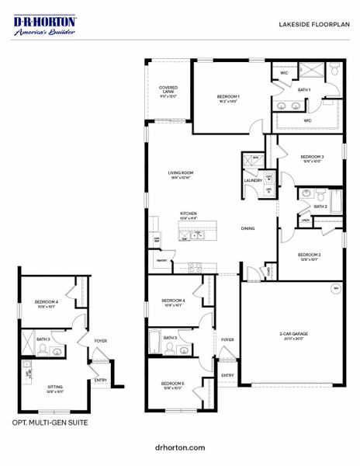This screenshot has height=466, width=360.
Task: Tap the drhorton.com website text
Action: pos(180,447)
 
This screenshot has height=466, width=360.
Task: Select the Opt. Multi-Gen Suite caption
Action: pos(50,423)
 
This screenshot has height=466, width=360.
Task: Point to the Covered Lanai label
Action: pos(168,92)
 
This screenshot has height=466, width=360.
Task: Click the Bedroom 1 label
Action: pos(228,98)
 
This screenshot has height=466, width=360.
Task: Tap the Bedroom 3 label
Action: pos(312,158)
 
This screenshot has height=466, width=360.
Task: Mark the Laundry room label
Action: pos(253,181)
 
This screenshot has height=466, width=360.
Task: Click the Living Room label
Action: pos(181,175)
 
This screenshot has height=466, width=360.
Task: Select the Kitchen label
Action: pos(189,214)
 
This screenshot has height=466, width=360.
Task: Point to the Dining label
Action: pos(247,228)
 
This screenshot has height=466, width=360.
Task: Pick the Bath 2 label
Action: pos(320,206)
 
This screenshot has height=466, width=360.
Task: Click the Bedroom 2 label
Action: pos(310,256)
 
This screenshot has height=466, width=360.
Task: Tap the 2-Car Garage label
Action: pos(294,335)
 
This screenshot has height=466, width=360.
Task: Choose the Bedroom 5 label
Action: pos(172,384)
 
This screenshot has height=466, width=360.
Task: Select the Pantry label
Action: pos(161,261)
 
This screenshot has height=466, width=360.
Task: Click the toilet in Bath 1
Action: pos(334,71)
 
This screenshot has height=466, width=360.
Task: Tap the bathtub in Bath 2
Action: pos(335,197)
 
